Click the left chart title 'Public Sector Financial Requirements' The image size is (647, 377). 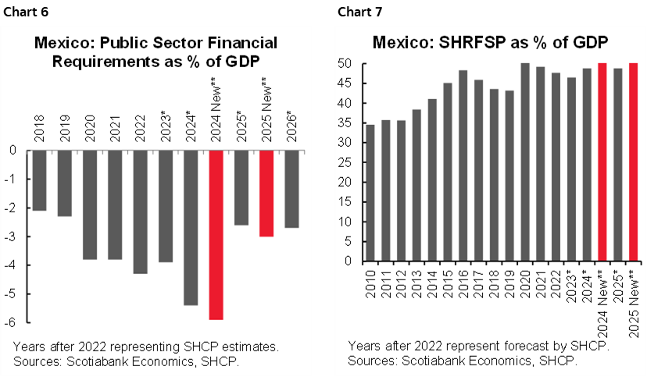[156, 51]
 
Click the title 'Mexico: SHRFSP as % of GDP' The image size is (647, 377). [491, 43]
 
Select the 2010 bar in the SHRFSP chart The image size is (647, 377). [371, 193]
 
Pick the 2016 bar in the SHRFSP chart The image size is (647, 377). [463, 165]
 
